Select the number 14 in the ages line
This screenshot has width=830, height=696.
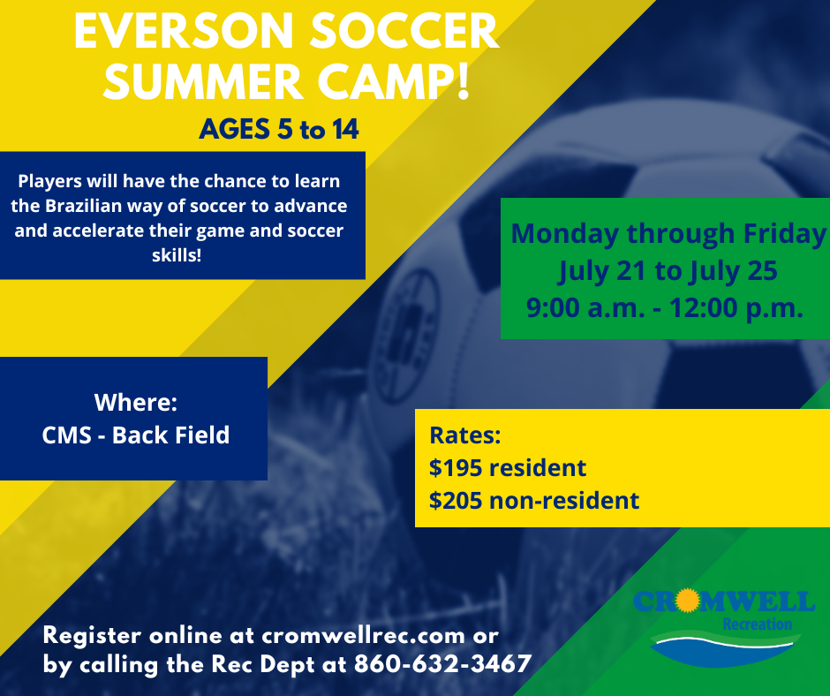[345, 129]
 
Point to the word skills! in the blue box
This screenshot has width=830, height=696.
[177, 255]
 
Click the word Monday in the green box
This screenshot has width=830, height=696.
[565, 234]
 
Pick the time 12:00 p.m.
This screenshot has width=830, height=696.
[736, 307]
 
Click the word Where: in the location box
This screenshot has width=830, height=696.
[135, 402]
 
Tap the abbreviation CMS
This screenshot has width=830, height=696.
[66, 435]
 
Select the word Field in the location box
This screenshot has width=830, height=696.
[202, 435]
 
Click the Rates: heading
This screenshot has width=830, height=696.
[464, 435]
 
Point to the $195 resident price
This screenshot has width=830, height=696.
[508, 468]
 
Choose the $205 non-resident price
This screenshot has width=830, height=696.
[534, 501]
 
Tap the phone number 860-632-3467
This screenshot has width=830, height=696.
[443, 664]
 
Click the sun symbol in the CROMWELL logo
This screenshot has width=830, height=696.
[688, 600]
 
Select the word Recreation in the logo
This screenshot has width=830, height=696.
[758, 624]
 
